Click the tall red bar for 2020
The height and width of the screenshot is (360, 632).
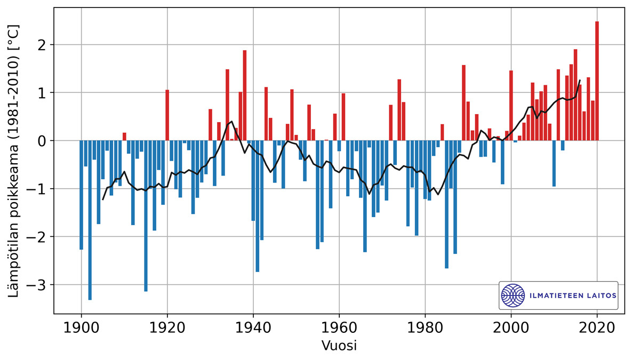597,80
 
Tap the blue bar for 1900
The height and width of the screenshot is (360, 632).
81,195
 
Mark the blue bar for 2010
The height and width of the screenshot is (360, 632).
554,163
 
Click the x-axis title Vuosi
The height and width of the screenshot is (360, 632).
339,346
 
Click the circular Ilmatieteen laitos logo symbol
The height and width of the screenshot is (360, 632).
513,295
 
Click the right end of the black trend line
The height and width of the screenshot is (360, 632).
580,81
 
